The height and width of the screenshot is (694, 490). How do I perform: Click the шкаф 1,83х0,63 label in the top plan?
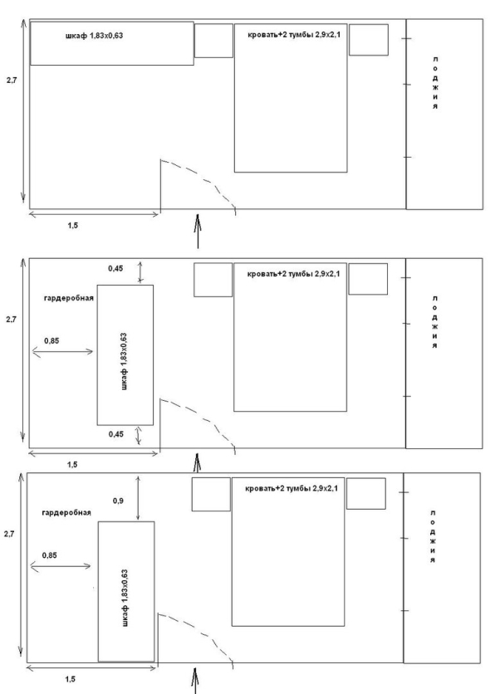pyautogui.click(x=95, y=36)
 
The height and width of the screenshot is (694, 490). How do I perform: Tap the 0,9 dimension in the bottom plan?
pyautogui.click(x=118, y=501)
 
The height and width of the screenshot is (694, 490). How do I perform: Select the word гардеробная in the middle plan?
pyautogui.click(x=69, y=298)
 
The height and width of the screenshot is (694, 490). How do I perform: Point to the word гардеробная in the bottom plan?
pyautogui.click(x=66, y=512)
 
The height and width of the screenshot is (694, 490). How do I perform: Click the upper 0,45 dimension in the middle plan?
pyautogui.click(x=115, y=268)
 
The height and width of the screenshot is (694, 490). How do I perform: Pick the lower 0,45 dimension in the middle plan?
pyautogui.click(x=116, y=434)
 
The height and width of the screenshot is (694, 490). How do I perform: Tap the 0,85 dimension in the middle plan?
pyautogui.click(x=51, y=341)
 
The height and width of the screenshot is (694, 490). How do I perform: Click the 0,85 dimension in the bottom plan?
pyautogui.click(x=50, y=555)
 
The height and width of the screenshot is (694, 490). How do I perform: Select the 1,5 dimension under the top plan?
pyautogui.click(x=72, y=225)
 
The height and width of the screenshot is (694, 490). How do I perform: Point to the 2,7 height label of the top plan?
pyautogui.click(x=12, y=81)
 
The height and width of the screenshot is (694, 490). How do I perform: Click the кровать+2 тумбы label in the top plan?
pyautogui.click(x=294, y=35)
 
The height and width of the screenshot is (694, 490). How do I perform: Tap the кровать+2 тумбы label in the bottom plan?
pyautogui.click(x=292, y=488)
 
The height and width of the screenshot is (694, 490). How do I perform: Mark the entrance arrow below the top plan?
pyautogui.click(x=198, y=231)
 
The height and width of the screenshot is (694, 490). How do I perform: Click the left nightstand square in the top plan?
pyautogui.click(x=213, y=41)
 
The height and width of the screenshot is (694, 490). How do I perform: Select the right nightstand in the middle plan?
pyautogui.click(x=368, y=279)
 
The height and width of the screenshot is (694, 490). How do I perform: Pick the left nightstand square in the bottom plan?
pyautogui.click(x=211, y=494)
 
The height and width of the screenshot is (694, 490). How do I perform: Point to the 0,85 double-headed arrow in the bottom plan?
pyautogui.click(x=61, y=565)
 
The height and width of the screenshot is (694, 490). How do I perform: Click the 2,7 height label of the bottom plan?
pyautogui.click(x=9, y=535)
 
